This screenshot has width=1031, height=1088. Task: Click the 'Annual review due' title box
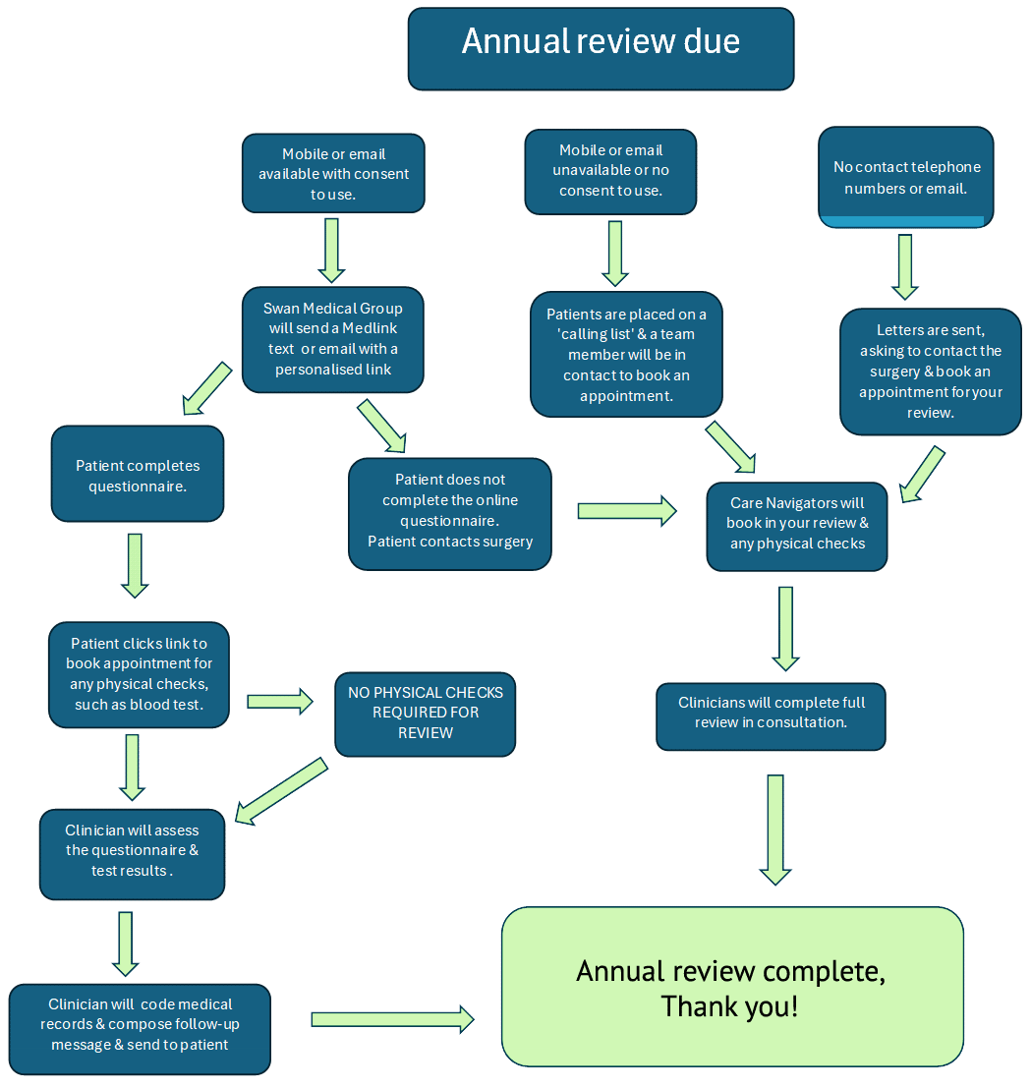pyautogui.click(x=601, y=48)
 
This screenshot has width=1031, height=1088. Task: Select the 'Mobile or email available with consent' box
pyautogui.click(x=333, y=173)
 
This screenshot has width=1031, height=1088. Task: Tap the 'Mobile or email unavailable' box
pyautogui.click(x=610, y=171)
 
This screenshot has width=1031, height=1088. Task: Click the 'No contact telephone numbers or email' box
pyautogui.click(x=906, y=177)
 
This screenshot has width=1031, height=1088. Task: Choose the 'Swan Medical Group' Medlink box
pyautogui.click(x=333, y=339)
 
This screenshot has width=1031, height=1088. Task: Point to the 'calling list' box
pyautogui.click(x=626, y=355)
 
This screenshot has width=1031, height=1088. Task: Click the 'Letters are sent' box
pyautogui.click(x=931, y=372)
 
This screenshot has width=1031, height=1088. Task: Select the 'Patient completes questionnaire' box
pyautogui.click(x=138, y=474)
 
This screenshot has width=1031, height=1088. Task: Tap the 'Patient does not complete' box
pyautogui.click(x=450, y=513)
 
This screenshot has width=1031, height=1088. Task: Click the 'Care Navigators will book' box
pyautogui.click(x=797, y=527)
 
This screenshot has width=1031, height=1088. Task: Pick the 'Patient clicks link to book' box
pyautogui.click(x=139, y=674)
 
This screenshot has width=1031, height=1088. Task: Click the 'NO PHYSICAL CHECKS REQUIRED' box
pyautogui.click(x=426, y=714)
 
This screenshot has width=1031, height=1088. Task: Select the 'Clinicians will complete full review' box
pyautogui.click(x=771, y=716)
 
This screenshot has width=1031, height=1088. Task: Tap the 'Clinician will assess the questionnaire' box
pyautogui.click(x=132, y=854)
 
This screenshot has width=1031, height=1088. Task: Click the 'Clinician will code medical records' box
pyautogui.click(x=140, y=1029)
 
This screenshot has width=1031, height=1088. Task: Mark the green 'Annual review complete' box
pyautogui.click(x=732, y=987)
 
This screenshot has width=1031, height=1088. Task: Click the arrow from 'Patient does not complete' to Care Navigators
pyautogui.click(x=627, y=511)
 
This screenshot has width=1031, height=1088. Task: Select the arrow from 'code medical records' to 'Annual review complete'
pyautogui.click(x=393, y=1019)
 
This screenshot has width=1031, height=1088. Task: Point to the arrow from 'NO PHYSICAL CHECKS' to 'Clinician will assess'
pyautogui.click(x=281, y=792)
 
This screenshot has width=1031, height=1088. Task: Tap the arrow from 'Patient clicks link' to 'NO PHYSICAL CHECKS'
pyautogui.click(x=280, y=702)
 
